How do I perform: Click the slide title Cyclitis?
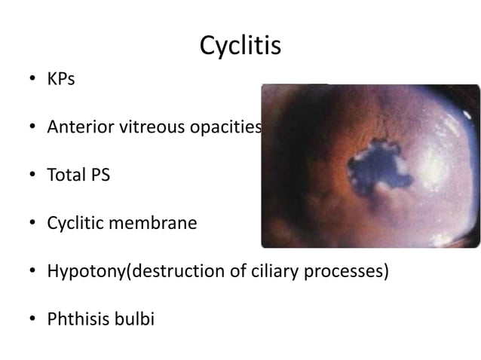[240, 46]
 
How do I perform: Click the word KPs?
[61, 78]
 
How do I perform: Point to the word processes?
[346, 271]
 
